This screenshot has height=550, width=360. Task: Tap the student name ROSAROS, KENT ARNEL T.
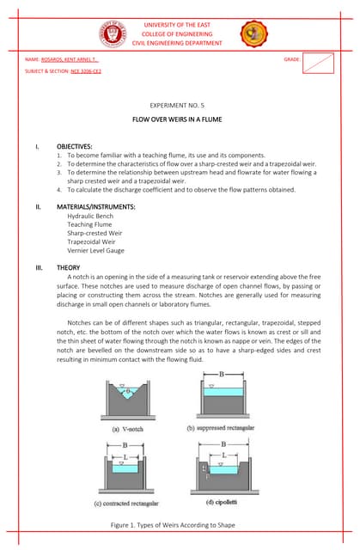click(x=70, y=60)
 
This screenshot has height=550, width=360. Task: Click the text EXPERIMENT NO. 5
click(x=179, y=101)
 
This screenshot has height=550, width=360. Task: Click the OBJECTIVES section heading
click(x=74, y=146)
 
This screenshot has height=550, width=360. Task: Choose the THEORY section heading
click(x=68, y=268)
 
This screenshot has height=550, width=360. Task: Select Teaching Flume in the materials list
click(x=90, y=225)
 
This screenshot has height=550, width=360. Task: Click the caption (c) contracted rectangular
click(x=126, y=503)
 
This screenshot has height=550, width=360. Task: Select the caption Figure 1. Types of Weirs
click(x=179, y=524)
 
